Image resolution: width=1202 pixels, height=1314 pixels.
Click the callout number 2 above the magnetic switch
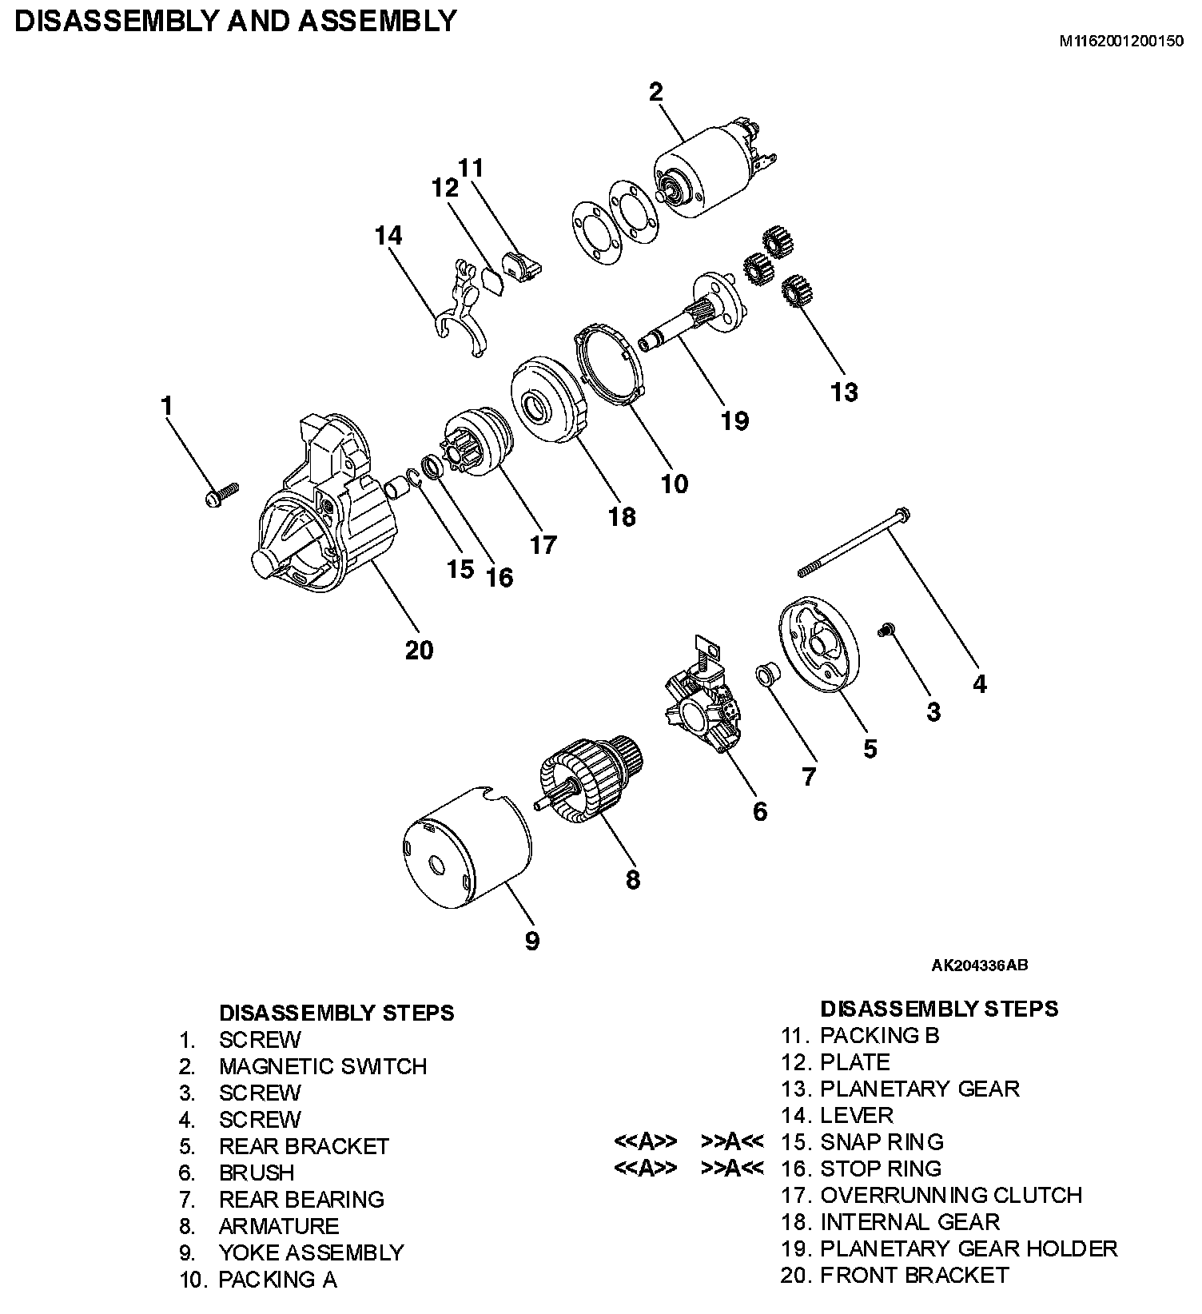[656, 92]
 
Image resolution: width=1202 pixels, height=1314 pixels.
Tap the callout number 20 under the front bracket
[419, 650]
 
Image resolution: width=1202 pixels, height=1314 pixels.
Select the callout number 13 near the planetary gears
[844, 392]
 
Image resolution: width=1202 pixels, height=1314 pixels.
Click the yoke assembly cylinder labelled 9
[464, 851]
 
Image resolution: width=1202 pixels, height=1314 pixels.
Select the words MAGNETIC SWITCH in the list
[323, 1066]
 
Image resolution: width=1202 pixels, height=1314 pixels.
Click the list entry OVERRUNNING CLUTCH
[950, 1195]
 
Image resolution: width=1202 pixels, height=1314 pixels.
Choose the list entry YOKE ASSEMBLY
[311, 1252]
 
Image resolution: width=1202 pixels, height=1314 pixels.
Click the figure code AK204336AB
[980, 965]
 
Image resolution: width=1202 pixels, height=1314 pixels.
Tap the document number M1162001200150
[1121, 42]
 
